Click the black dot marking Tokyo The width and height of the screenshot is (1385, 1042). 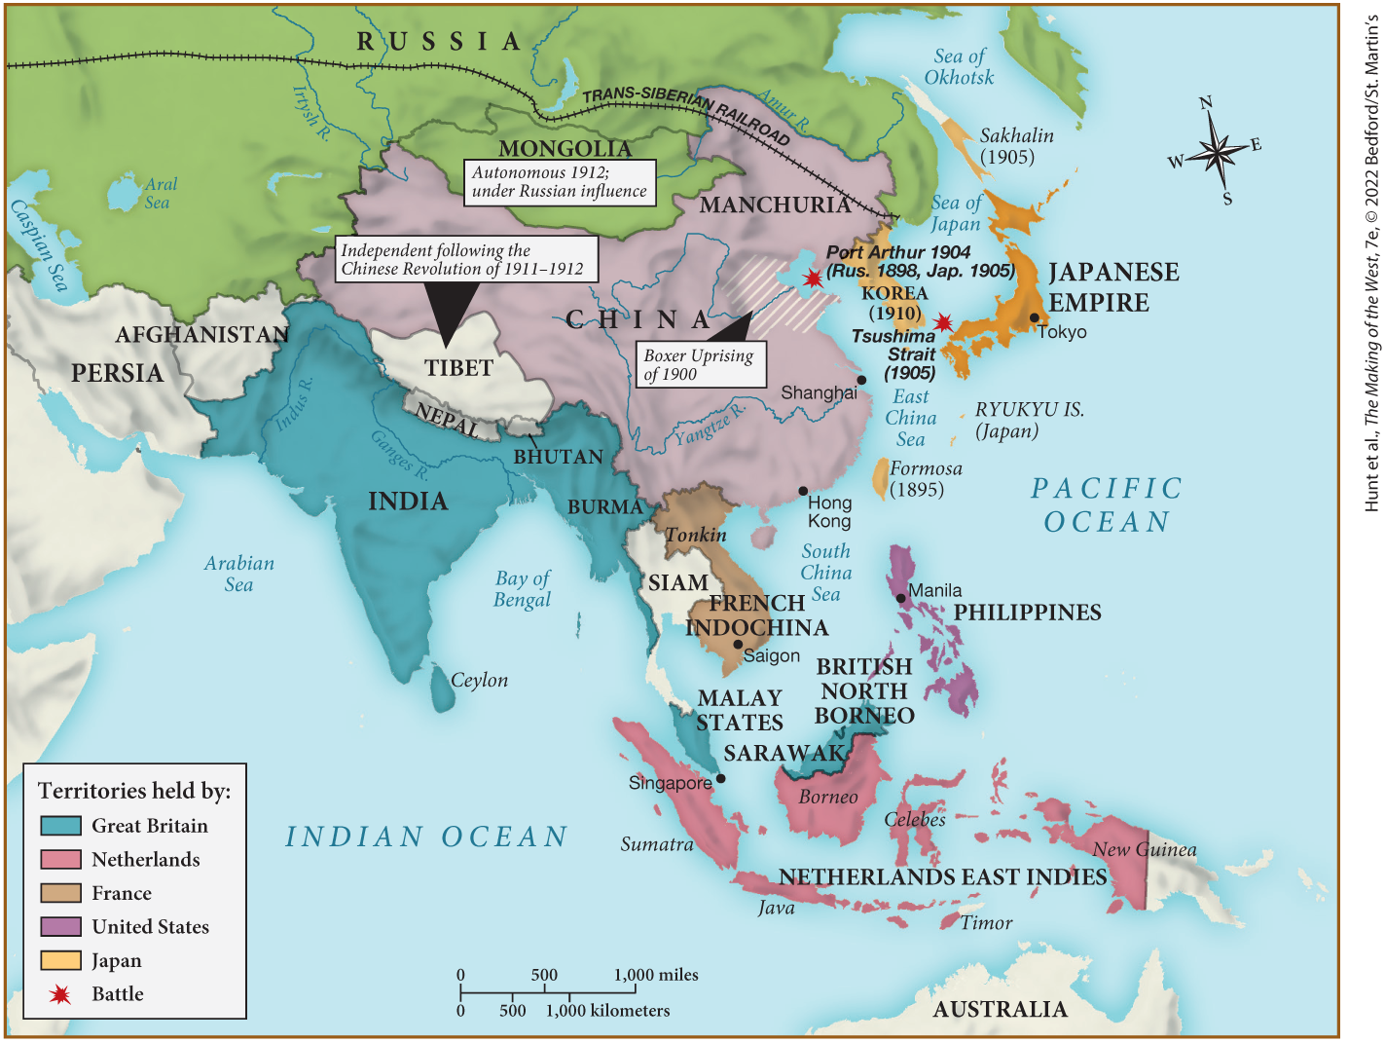[1034, 318]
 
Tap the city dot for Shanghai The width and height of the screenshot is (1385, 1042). [861, 380]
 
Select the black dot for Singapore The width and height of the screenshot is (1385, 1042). [720, 778]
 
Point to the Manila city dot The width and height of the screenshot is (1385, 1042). [901, 598]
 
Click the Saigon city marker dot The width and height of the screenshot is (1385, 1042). [738, 645]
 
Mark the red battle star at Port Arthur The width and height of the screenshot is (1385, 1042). [812, 279]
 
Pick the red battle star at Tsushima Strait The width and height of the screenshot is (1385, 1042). [942, 322]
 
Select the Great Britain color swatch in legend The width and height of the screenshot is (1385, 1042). [60, 826]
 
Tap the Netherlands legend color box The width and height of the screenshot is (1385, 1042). [60, 859]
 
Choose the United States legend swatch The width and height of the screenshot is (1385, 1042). [60, 926]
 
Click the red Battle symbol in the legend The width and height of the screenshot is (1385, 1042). [60, 994]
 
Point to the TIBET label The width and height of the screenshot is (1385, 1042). [458, 368]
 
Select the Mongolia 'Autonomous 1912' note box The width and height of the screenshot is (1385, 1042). [560, 182]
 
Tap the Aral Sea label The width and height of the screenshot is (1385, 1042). [160, 193]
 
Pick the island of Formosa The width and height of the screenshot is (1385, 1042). [880, 478]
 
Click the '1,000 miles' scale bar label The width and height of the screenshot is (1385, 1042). [656, 975]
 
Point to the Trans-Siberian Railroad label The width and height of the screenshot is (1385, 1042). [685, 112]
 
